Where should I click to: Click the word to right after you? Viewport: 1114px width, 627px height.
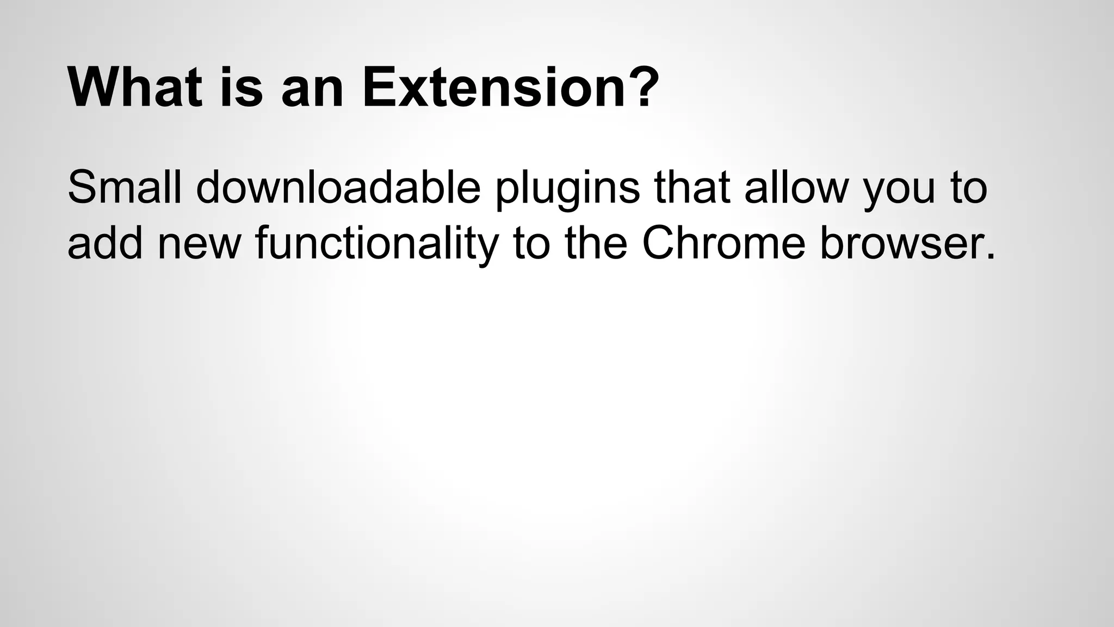968,187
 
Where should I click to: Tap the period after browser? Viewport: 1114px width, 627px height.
989,256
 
